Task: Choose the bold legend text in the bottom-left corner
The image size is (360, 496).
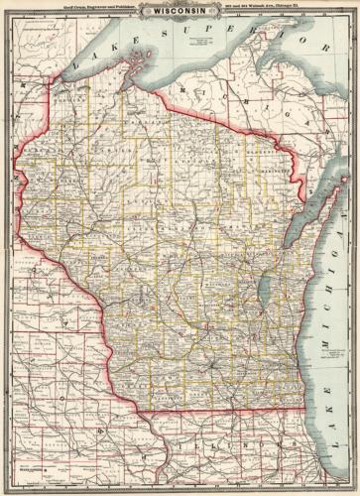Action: pos(30,456)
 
